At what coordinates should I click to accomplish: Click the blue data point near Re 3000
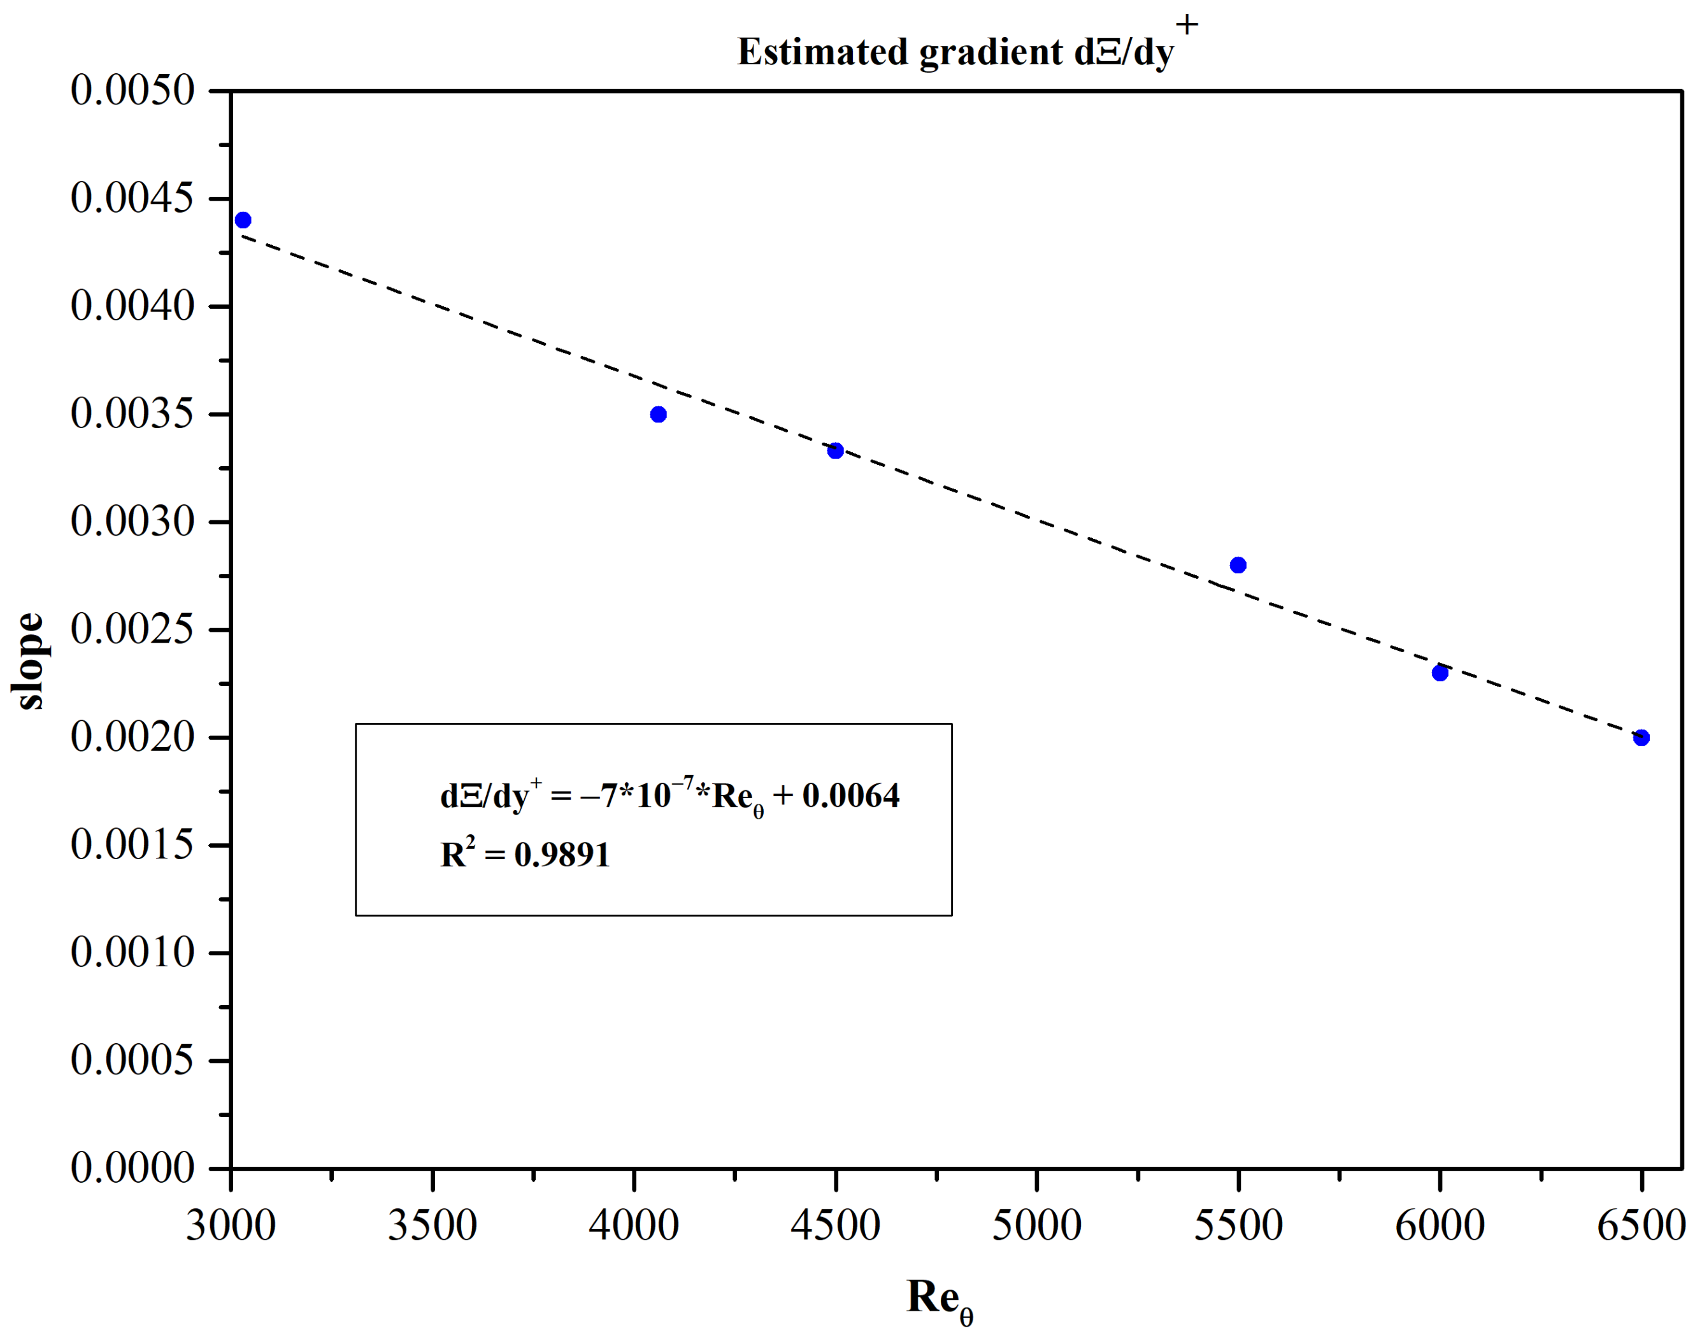coord(243,220)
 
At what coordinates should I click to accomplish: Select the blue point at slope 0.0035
coord(659,414)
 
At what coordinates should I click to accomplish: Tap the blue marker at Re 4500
coord(836,450)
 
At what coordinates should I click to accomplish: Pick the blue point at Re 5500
coord(1238,565)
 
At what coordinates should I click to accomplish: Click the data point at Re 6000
coord(1440,673)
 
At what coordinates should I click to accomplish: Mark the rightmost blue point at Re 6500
coord(1641,738)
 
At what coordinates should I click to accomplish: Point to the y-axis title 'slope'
coord(30,660)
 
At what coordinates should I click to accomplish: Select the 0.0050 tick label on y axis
coord(132,90)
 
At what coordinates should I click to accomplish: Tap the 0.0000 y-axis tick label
coord(132,1168)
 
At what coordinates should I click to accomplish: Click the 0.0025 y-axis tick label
coord(132,629)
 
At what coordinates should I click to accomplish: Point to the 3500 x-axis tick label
coord(433,1225)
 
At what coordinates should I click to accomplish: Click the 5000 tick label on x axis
coord(1036,1225)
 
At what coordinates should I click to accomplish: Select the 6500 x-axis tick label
coord(1641,1225)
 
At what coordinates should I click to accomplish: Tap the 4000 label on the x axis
coord(634,1225)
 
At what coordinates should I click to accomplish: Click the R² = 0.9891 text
coord(525,854)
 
